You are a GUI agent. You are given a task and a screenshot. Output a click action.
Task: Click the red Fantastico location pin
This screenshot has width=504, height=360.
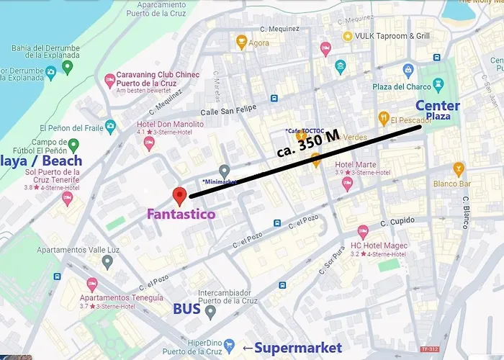click(x=180, y=194)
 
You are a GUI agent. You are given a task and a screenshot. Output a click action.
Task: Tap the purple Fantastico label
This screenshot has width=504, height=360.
click(x=181, y=214)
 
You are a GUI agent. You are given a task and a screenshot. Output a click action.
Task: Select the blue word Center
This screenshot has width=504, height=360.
click(x=437, y=106)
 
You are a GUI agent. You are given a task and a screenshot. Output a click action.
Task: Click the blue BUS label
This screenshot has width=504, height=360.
click(x=186, y=310)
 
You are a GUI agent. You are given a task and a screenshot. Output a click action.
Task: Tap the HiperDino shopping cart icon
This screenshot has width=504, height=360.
click(x=229, y=345)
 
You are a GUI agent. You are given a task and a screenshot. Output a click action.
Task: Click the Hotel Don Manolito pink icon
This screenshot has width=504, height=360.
click(x=149, y=142)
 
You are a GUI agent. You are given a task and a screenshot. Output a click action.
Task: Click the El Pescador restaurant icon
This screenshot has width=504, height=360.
click(x=383, y=118)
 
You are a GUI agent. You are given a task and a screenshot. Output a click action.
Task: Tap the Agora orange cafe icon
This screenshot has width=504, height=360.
click(x=242, y=42)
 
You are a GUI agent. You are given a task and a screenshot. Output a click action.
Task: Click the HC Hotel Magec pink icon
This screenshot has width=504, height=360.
click(x=363, y=232)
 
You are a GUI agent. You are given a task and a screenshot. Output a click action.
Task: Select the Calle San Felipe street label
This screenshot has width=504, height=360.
click(x=228, y=111)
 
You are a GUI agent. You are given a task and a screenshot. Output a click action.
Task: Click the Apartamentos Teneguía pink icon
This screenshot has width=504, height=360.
click(x=91, y=284)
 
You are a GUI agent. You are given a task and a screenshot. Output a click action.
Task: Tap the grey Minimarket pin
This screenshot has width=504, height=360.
click(x=225, y=171)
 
